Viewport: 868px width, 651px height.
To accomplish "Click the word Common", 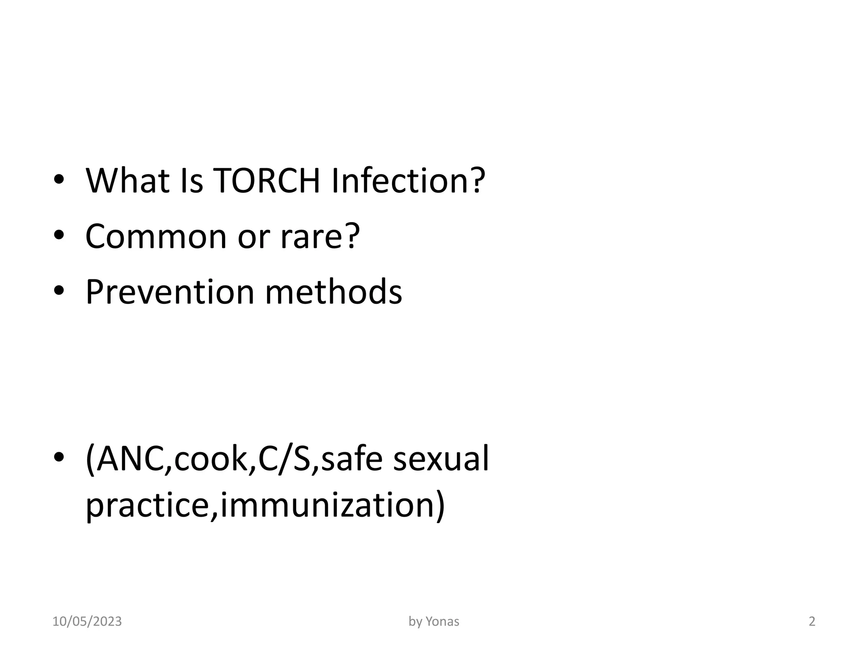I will (156, 236).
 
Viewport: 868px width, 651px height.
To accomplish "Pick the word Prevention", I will (170, 292).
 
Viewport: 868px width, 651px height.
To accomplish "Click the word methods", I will (333, 292).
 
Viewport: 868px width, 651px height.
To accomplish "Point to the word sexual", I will (441, 459).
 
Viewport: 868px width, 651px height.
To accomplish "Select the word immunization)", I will (333, 506).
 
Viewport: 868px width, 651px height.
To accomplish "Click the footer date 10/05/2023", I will (87, 622).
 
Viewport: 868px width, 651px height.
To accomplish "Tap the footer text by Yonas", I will (434, 622).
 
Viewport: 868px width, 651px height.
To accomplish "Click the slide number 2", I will (812, 622).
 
